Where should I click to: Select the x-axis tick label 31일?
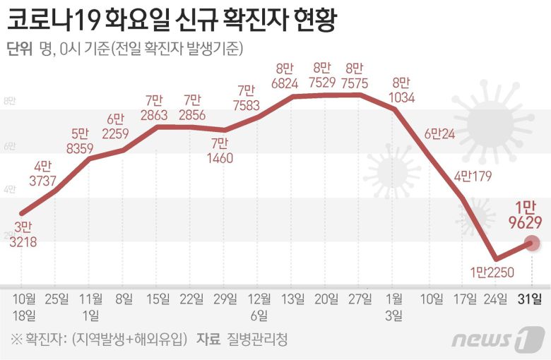531,298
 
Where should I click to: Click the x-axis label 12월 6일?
260,306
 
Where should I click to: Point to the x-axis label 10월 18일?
24,306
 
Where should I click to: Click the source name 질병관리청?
258,340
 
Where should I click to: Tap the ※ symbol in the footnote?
15,340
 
